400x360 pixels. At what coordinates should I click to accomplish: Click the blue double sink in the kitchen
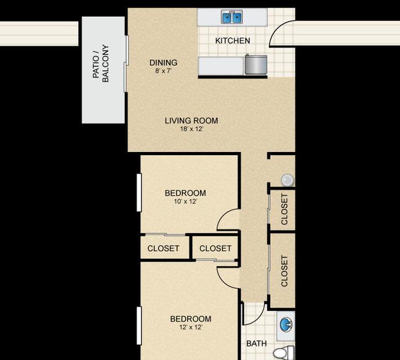click(x=232, y=17)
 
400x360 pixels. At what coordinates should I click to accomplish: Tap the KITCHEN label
click(x=233, y=41)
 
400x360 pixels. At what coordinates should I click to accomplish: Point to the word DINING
click(x=163, y=63)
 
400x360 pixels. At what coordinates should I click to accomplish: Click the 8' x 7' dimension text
click(x=163, y=71)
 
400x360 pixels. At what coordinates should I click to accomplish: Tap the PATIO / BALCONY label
click(x=101, y=63)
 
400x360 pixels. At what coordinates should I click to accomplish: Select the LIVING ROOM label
click(x=191, y=121)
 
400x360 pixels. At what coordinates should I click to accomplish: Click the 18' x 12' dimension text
click(x=191, y=129)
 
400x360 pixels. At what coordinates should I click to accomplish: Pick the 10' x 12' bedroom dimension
click(x=185, y=202)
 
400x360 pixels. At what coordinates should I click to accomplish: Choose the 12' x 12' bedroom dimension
click(x=191, y=327)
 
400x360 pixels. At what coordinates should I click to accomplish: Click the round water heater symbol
click(x=287, y=180)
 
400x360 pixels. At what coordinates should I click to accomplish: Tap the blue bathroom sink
click(x=286, y=324)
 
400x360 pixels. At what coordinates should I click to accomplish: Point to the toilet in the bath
click(x=284, y=353)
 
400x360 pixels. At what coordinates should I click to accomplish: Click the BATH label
click(x=257, y=343)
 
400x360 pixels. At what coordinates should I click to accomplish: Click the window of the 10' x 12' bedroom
click(x=139, y=193)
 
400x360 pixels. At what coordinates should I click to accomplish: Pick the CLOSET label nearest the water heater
click(x=284, y=209)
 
